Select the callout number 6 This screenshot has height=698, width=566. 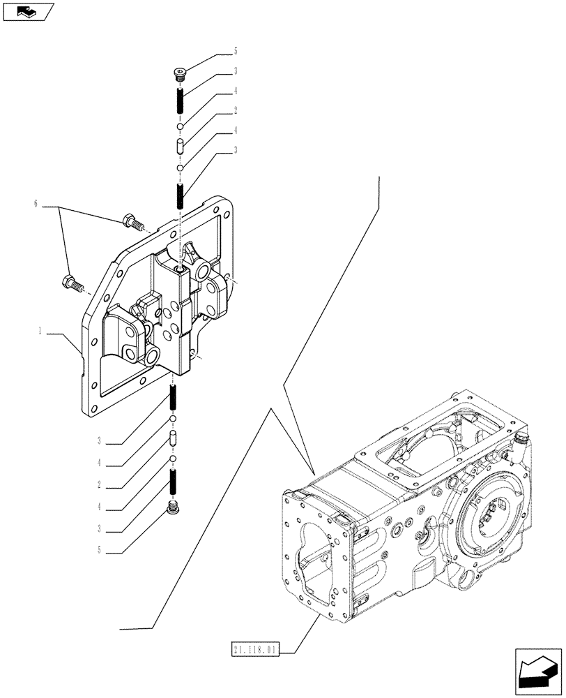pos(34,204)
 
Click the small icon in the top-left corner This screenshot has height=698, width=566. pos(27,11)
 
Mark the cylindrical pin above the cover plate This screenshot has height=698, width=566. pos(179,147)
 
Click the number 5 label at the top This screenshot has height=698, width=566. pos(236,51)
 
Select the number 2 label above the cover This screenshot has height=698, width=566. pos(236,110)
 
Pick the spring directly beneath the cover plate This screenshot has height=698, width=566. pos(173,400)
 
